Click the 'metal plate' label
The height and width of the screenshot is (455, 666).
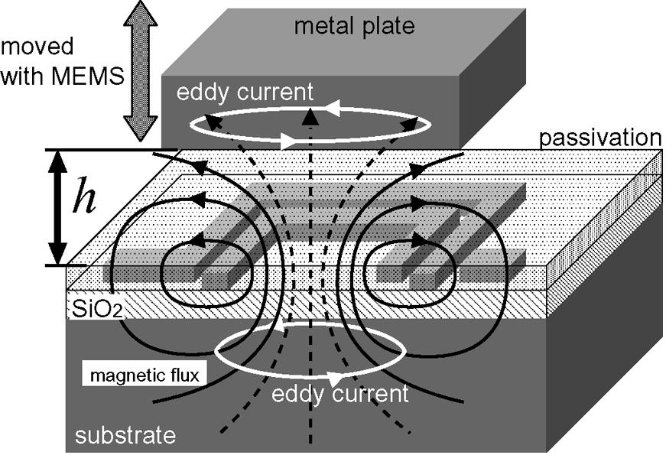[x=354, y=27]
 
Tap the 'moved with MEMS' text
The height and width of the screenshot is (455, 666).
[x=60, y=62]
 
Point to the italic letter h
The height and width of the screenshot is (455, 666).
[x=83, y=201]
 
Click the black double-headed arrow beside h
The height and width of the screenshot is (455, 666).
[x=56, y=207]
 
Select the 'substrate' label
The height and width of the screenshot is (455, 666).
[x=125, y=436]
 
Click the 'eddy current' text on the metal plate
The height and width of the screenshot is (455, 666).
[x=244, y=93]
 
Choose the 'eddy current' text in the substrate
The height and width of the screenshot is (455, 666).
[x=340, y=394]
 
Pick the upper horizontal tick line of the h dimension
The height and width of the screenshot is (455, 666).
[x=107, y=149]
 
